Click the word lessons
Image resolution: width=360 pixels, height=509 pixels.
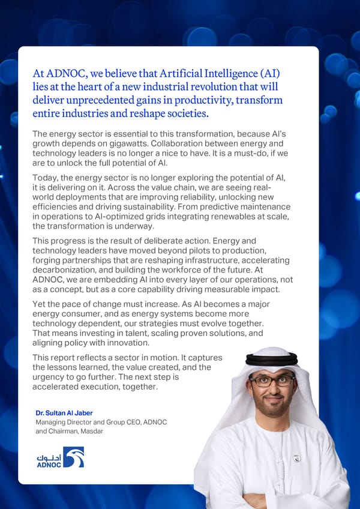pyautogui.click(x=67, y=367)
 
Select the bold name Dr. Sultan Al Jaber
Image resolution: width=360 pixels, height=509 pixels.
pyautogui.click(x=64, y=413)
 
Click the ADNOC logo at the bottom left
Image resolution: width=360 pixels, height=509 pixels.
pyautogui.click(x=60, y=457)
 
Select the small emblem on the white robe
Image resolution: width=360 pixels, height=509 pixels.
pyautogui.click(x=296, y=459)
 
